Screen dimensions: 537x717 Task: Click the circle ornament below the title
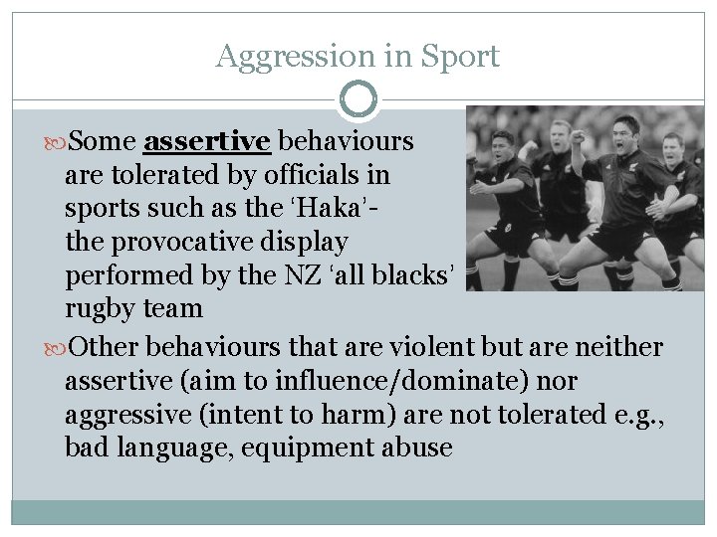coord(358,100)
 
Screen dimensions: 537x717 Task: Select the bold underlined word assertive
coord(207,142)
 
